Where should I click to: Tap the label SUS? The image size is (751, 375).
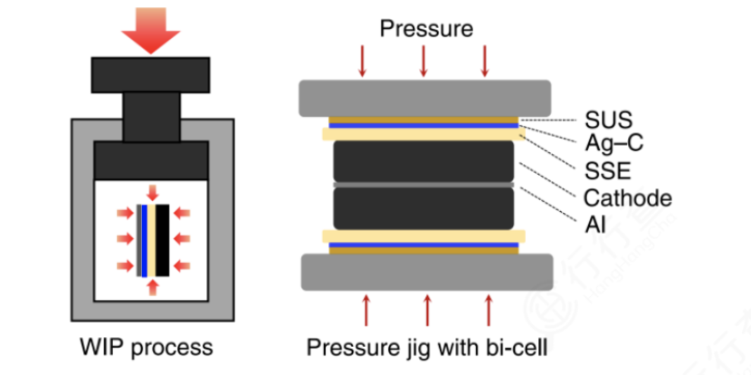tap(608, 119)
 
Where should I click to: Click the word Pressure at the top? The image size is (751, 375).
tap(426, 29)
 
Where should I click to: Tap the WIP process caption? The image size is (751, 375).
tap(145, 347)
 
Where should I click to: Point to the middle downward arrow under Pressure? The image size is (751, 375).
tap(424, 60)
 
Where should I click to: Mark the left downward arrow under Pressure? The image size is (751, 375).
tap(363, 60)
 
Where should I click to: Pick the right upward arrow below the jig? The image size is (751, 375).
tap(490, 308)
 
